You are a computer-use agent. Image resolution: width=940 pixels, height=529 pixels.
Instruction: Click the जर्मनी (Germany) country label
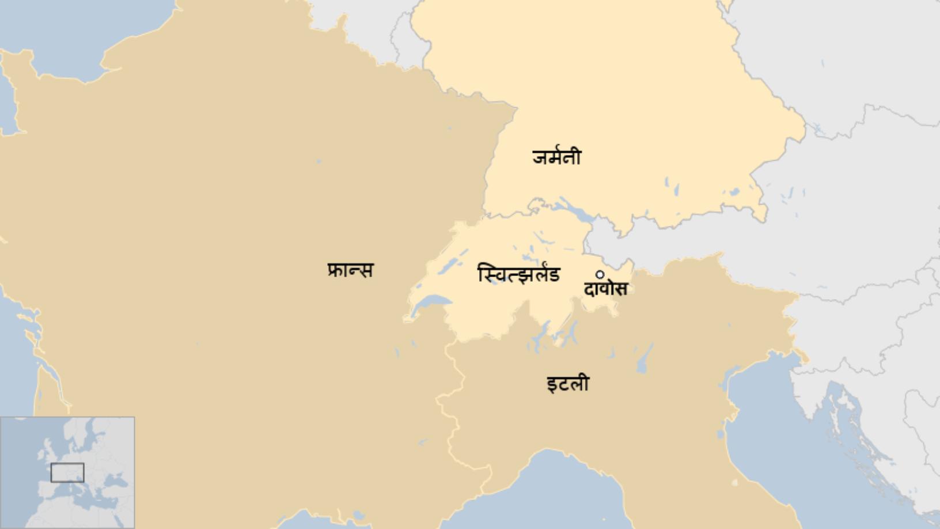pyautogui.click(x=556, y=157)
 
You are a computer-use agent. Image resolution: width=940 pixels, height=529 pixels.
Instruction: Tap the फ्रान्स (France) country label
pyautogui.click(x=350, y=270)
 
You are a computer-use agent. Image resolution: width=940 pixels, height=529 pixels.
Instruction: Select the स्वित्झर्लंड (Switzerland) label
pyautogui.click(x=518, y=274)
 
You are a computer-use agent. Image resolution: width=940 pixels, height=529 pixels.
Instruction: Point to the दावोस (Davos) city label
pyautogui.click(x=605, y=288)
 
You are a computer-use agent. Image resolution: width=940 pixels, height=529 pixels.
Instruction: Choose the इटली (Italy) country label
pyautogui.click(x=567, y=384)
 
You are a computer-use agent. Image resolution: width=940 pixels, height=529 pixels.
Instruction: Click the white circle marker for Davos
pyautogui.click(x=600, y=275)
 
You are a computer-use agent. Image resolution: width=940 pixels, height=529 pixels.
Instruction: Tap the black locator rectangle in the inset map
pyautogui.click(x=67, y=473)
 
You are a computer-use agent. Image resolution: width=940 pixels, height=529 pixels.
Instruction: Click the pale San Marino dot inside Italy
pyautogui.click(x=734, y=482)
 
